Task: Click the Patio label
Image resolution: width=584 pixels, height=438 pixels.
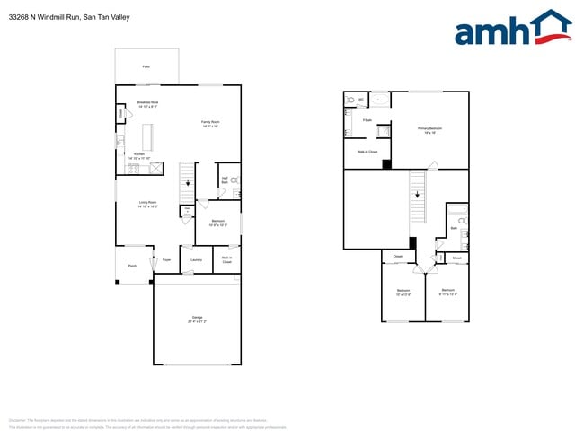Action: (146, 67)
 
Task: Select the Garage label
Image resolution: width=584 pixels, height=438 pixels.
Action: (197, 319)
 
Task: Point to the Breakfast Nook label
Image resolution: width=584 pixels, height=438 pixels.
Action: (148, 103)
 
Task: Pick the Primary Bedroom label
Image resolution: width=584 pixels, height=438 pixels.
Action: (429, 129)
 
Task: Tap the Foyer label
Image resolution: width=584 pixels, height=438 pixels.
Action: (166, 260)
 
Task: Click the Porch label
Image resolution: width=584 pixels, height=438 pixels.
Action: (132, 266)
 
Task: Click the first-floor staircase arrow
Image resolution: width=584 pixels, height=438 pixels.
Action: (188, 184)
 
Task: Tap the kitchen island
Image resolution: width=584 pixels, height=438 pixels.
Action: (147, 136)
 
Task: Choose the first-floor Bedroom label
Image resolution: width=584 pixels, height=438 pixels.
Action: (218, 222)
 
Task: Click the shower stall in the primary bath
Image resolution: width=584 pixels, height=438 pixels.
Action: (384, 132)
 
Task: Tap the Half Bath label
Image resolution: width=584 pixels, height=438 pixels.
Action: (224, 180)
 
